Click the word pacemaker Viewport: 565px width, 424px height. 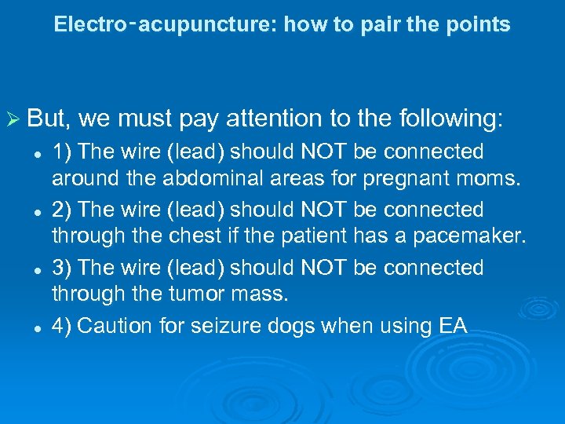click(x=473, y=236)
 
